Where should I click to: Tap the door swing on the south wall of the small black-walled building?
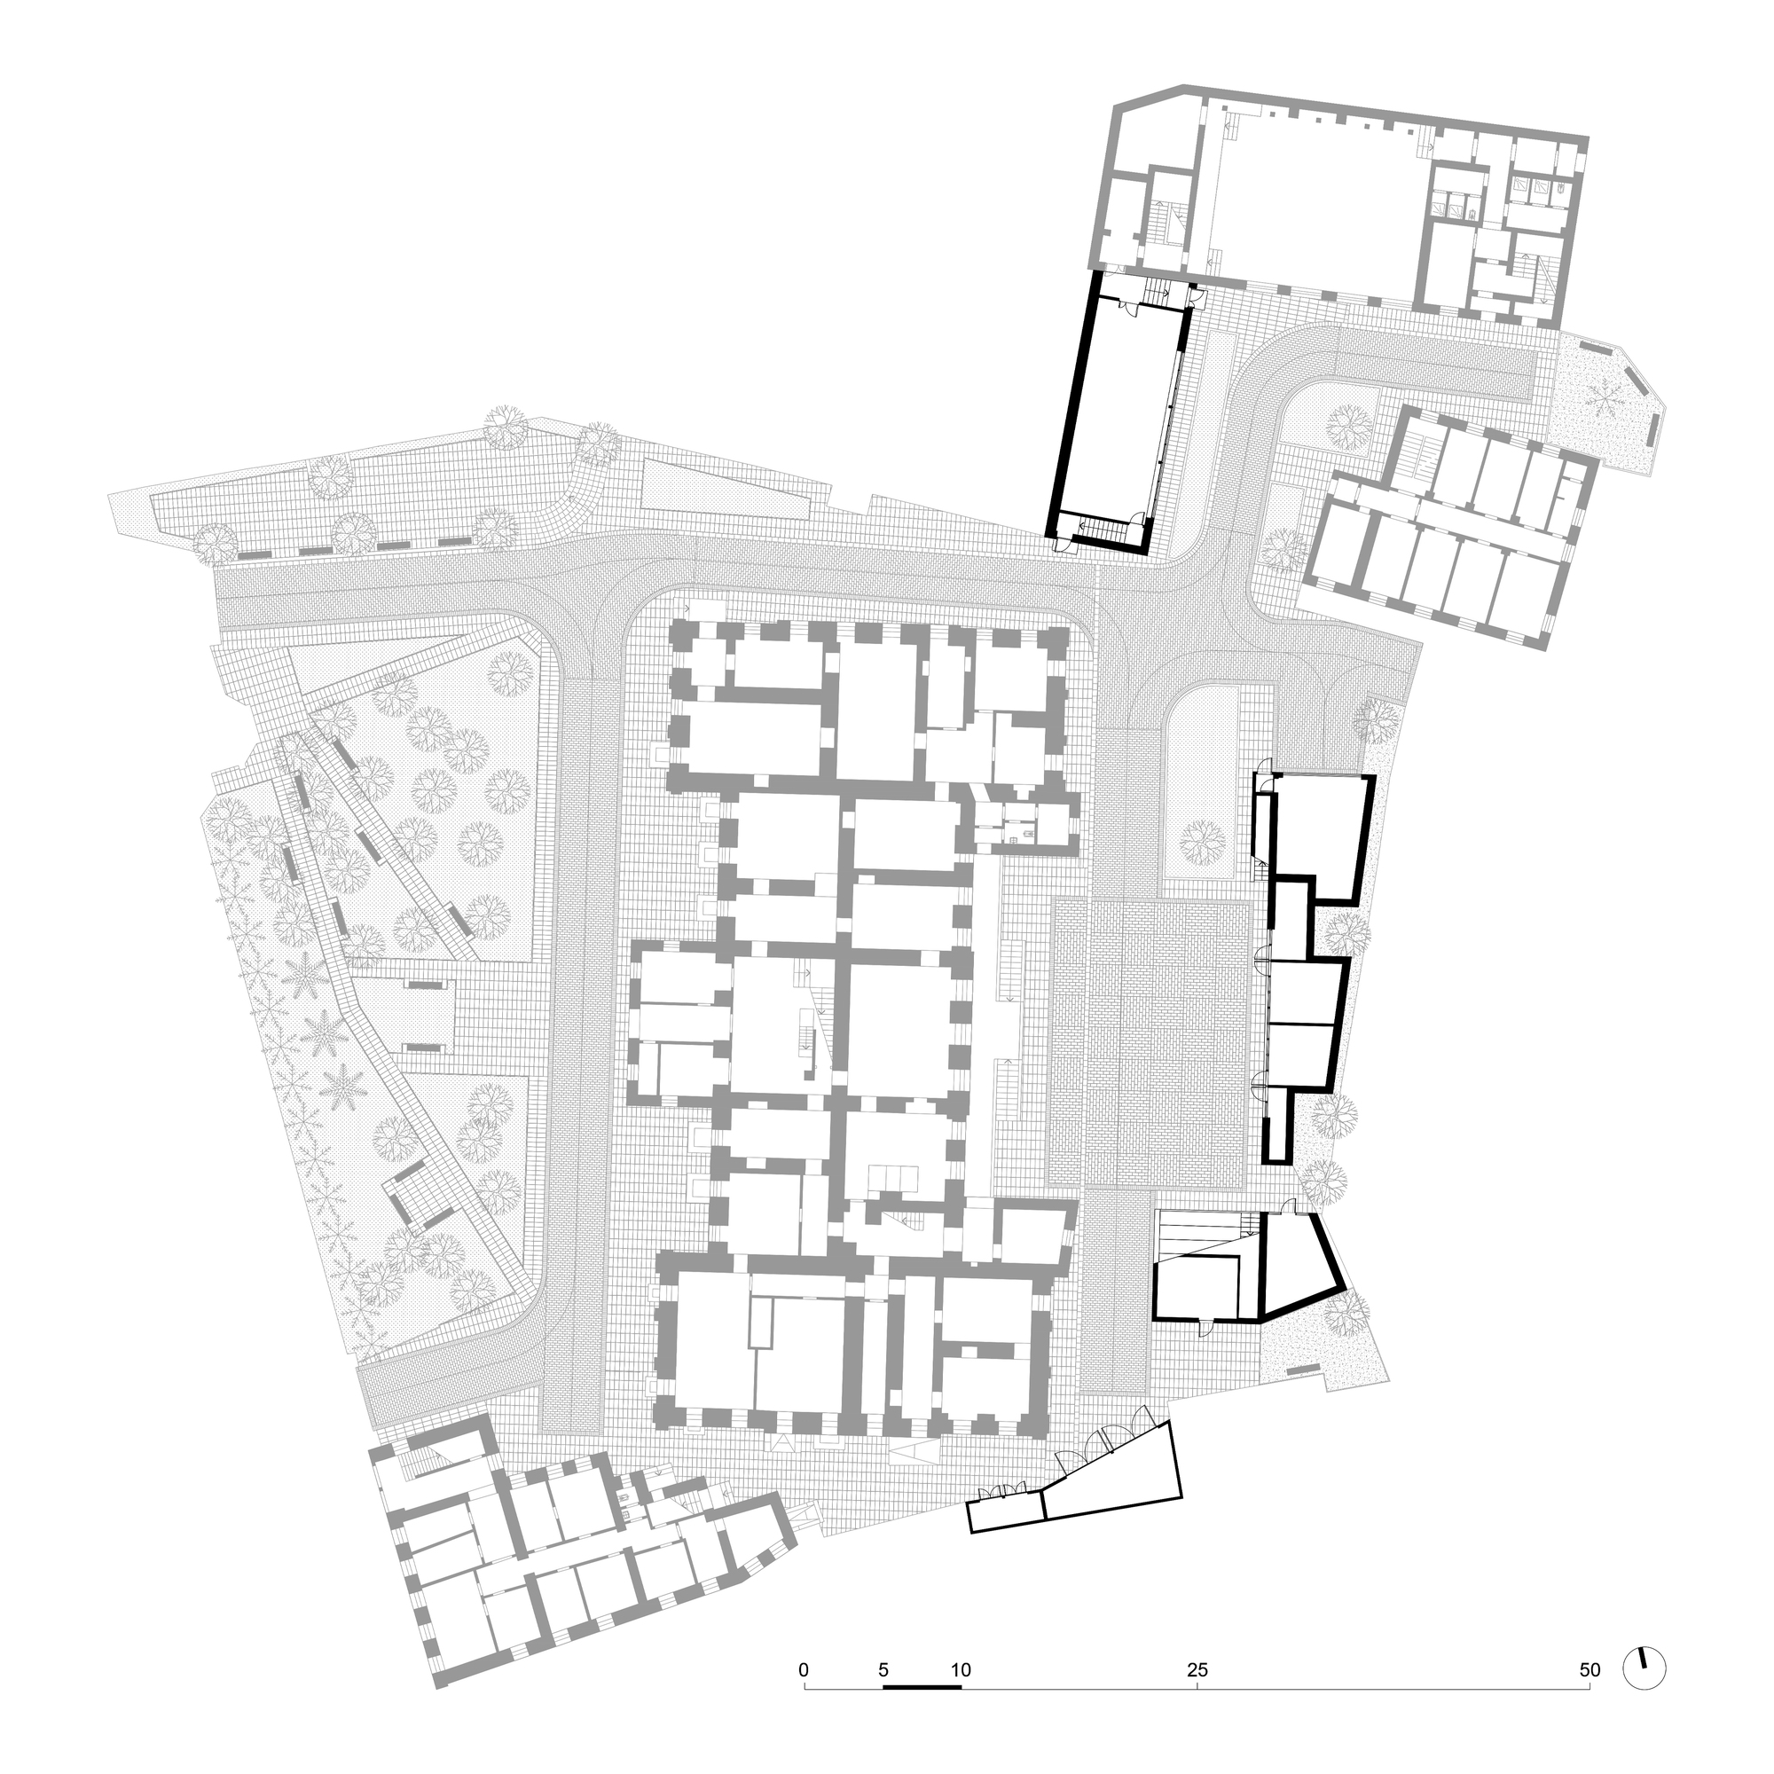[x=1204, y=1325]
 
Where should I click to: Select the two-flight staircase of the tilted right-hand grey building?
[x=1415, y=447]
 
